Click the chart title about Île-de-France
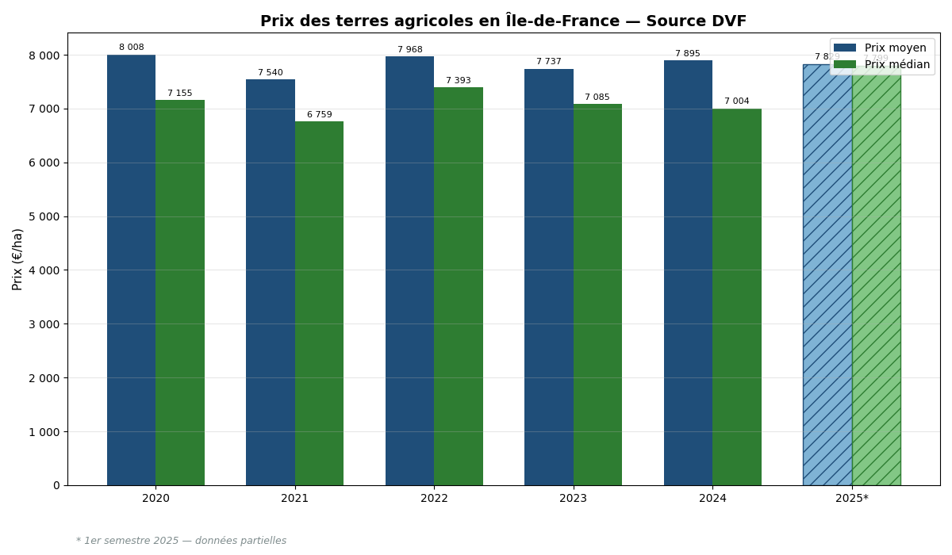(x=503, y=21)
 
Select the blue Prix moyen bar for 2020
(x=131, y=270)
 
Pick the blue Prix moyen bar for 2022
(x=409, y=270)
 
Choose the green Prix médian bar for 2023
(x=597, y=294)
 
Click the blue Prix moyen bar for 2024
(x=688, y=273)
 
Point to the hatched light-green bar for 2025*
(x=876, y=277)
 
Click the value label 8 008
(x=132, y=48)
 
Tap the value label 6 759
(x=320, y=115)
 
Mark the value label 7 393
(x=459, y=81)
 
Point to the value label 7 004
(x=737, y=101)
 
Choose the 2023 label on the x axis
(x=573, y=499)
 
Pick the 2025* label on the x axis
(x=852, y=499)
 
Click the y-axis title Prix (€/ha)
(x=18, y=259)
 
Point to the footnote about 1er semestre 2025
(x=182, y=541)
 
